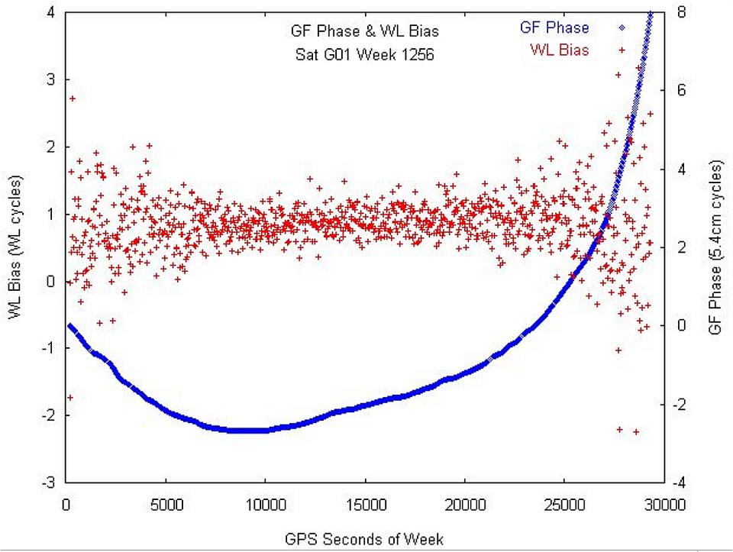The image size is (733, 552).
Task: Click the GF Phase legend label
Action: tap(554, 28)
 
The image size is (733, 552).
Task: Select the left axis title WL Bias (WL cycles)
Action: tap(16, 247)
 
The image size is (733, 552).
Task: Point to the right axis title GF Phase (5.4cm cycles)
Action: tap(715, 247)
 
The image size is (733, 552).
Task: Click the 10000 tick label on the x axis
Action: tap(265, 504)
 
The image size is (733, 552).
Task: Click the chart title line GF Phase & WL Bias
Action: tap(358, 32)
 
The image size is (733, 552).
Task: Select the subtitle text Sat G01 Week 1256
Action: tap(358, 55)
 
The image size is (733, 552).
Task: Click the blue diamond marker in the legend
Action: tap(622, 28)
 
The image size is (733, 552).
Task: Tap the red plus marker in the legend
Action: tap(622, 50)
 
